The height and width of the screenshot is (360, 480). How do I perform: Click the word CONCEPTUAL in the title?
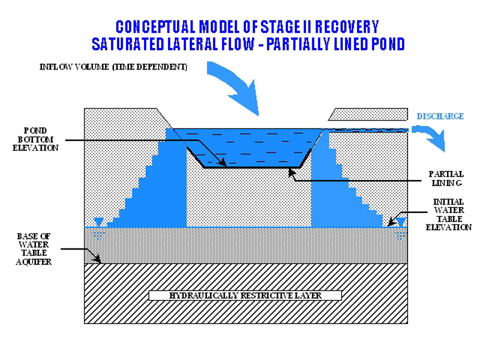coord(154,27)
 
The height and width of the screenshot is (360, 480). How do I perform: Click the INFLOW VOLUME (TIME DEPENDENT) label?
coord(111,67)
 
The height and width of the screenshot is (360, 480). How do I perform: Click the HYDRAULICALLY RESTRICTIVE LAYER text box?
coord(245,296)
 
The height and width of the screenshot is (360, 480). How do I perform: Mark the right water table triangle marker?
coord(401,222)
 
